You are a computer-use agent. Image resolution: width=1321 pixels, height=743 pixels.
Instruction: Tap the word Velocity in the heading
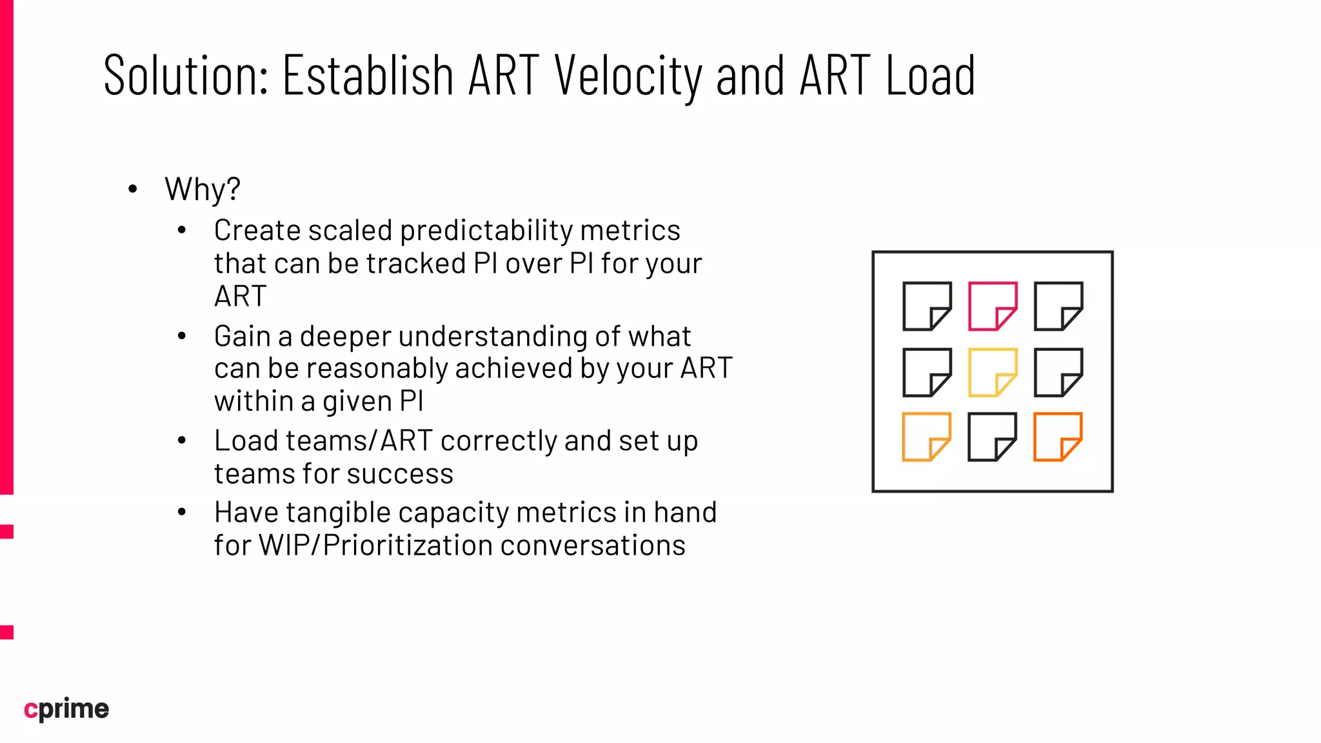(628, 76)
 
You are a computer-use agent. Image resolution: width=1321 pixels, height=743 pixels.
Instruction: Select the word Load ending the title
(929, 76)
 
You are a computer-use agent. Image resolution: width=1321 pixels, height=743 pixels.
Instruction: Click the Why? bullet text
(203, 190)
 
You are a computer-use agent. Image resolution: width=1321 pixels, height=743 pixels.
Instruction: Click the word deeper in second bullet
(345, 337)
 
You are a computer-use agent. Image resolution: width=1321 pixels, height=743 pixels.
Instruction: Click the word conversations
(593, 546)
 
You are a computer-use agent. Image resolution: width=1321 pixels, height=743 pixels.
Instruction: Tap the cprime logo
(66, 709)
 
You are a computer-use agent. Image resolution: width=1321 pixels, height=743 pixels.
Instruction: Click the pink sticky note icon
(992, 306)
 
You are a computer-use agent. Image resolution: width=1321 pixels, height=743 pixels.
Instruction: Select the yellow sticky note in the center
(992, 373)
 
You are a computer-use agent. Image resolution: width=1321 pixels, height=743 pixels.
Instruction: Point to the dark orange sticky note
(1058, 437)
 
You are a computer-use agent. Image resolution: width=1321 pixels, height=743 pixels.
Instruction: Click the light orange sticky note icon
(926, 437)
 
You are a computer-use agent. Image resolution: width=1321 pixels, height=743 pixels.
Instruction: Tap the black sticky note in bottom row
(992, 437)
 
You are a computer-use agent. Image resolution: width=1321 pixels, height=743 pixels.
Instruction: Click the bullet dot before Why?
(133, 190)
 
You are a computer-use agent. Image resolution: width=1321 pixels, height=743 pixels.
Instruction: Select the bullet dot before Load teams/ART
(182, 441)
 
